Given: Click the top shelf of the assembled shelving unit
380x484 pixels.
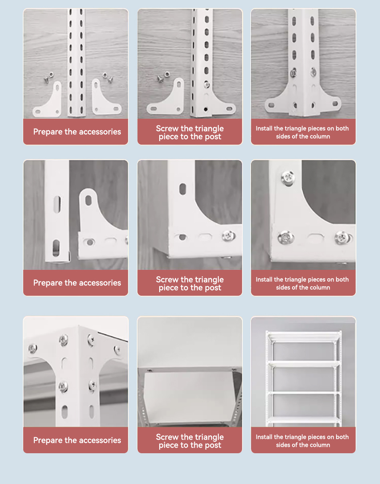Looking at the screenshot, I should (x=304, y=337).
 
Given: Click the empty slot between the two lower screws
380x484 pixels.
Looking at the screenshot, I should (x=314, y=237).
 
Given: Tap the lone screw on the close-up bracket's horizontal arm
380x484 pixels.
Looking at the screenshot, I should (x=228, y=236).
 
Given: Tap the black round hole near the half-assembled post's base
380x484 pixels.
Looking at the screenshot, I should (x=205, y=109).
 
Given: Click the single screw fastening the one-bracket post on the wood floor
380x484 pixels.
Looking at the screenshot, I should (x=206, y=84).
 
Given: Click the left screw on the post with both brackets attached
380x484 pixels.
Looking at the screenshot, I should (x=293, y=74).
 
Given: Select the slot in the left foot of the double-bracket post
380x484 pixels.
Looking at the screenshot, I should (x=272, y=106).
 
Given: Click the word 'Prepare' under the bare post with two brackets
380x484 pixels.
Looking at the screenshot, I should (x=48, y=132).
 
